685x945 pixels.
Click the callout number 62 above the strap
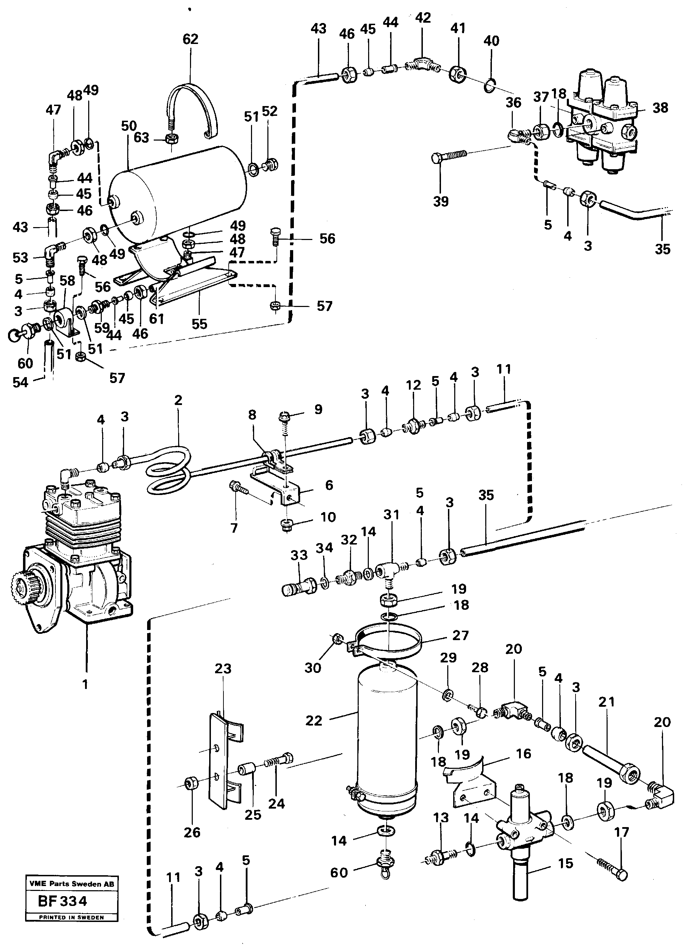pyautogui.click(x=190, y=39)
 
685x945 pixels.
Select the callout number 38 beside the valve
pyautogui.click(x=660, y=108)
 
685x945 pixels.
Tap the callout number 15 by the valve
pyautogui.click(x=565, y=863)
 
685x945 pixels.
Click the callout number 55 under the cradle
pyautogui.click(x=199, y=324)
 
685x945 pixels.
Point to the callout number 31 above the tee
pyautogui.click(x=391, y=515)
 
